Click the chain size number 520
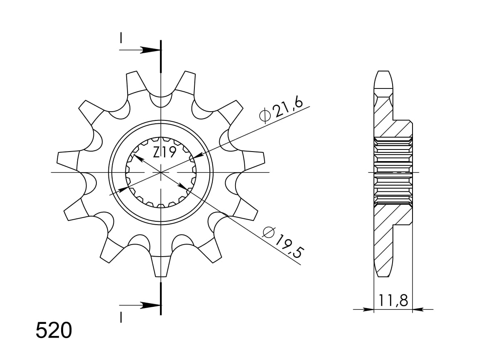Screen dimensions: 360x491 click(x=54, y=331)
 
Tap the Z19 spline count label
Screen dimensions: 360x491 click(x=164, y=152)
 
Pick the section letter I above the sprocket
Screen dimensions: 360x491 click(x=120, y=38)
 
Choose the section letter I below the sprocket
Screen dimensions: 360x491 click(x=120, y=318)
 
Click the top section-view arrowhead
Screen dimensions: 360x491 click(x=149, y=50)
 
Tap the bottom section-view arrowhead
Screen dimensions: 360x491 click(x=149, y=305)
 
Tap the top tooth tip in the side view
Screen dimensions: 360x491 click(x=383, y=75)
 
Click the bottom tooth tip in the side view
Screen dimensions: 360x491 click(x=383, y=272)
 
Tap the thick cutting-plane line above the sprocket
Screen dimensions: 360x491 click(x=160, y=56)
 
